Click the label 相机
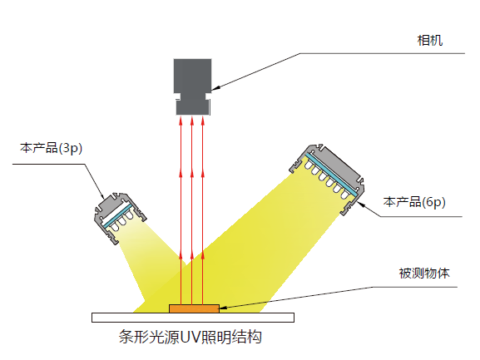(430, 41)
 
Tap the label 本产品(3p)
(51, 148)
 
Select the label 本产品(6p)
(414, 202)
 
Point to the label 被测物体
(424, 274)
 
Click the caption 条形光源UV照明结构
(191, 337)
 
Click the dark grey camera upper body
(192, 76)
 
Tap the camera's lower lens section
(193, 107)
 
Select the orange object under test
(194, 308)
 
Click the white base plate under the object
(193, 318)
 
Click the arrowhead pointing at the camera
(215, 88)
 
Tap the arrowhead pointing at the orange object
(223, 308)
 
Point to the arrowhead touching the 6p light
(361, 204)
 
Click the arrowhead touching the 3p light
(102, 195)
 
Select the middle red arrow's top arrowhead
(191, 121)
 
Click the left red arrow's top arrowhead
(181, 121)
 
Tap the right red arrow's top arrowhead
(202, 121)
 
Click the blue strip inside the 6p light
(332, 174)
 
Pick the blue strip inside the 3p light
(117, 215)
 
